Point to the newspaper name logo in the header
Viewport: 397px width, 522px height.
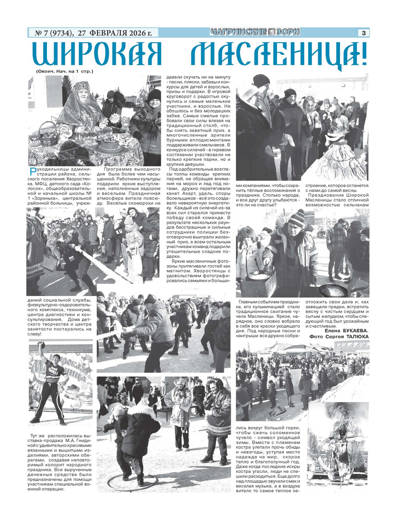click(256, 32)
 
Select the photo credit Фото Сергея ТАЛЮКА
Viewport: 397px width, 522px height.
click(339, 337)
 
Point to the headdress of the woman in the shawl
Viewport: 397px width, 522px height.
click(82, 85)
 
